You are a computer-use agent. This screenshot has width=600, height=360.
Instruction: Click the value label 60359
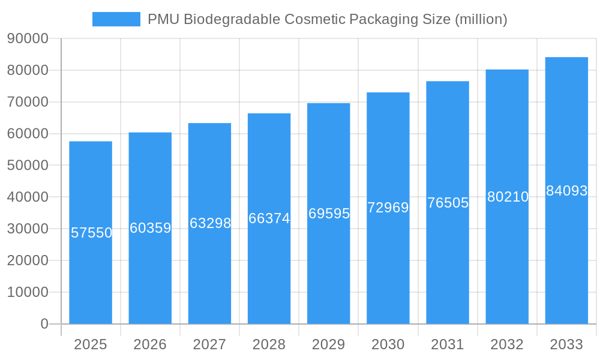click(151, 228)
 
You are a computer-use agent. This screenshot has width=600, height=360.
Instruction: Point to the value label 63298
click(210, 223)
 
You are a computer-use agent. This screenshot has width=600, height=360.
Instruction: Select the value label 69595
click(329, 214)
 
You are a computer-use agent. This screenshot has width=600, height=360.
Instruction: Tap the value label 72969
click(388, 208)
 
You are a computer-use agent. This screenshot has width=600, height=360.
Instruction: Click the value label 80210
click(508, 197)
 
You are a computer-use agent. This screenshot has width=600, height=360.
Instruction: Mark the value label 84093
click(566, 191)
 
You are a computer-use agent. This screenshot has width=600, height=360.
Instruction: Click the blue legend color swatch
click(116, 19)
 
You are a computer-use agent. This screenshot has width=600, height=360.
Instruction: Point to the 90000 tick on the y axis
click(28, 38)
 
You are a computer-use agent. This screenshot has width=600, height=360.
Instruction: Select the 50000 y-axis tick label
click(28, 165)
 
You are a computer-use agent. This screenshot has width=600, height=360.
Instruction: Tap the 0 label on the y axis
click(44, 324)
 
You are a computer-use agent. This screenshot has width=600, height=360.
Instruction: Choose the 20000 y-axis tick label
click(28, 260)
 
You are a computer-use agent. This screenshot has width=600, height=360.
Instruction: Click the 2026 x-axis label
click(150, 344)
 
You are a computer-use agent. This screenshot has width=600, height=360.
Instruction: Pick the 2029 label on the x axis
click(329, 344)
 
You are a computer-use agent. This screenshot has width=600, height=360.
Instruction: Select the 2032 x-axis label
click(507, 344)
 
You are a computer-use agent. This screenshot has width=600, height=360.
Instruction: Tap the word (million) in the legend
click(481, 19)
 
